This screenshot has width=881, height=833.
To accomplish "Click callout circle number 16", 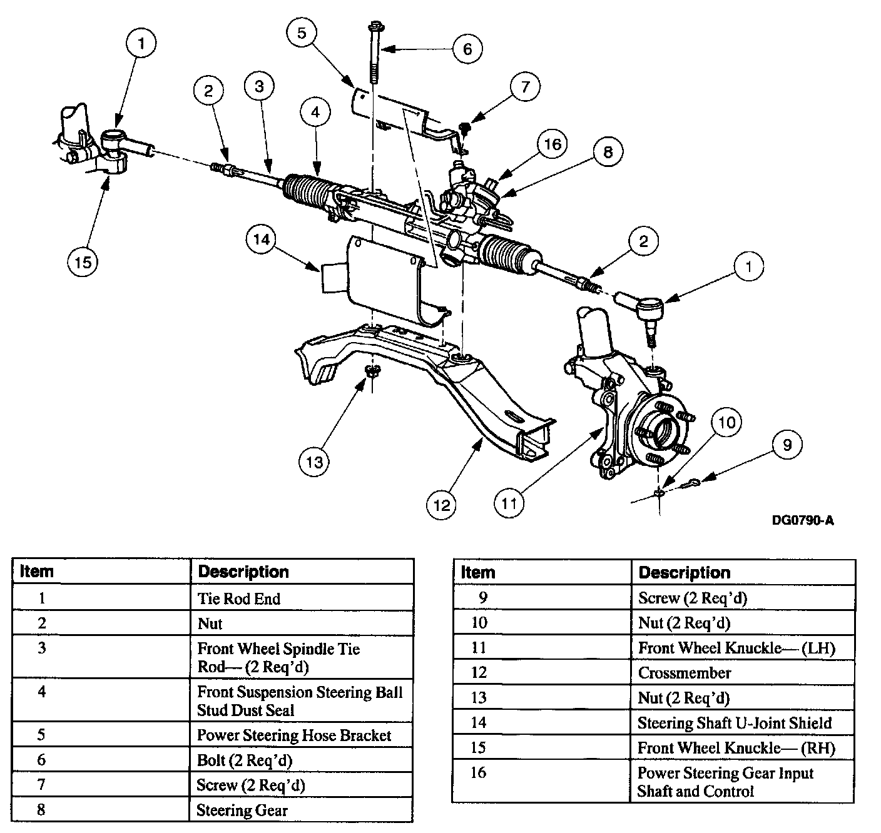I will tap(552, 144).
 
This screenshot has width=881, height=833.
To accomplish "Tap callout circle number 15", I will tap(83, 261).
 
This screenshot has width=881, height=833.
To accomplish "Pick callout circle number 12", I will tap(442, 504).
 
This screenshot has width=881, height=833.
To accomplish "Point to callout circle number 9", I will tap(787, 445).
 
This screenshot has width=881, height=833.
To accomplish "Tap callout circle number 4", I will tap(315, 112).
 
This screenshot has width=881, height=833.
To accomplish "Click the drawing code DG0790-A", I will tap(803, 520).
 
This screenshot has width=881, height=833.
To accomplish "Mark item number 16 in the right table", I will tap(478, 773).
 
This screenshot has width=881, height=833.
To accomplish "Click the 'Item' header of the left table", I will tap(38, 572).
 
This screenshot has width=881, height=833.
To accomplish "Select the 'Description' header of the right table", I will tap(685, 572).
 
